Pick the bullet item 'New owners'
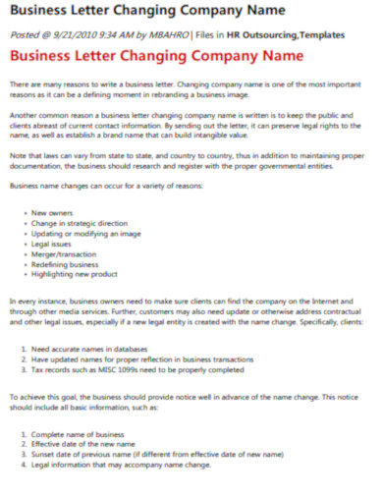[53, 212]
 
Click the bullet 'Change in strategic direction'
[81, 223]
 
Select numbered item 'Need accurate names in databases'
[102, 348]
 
